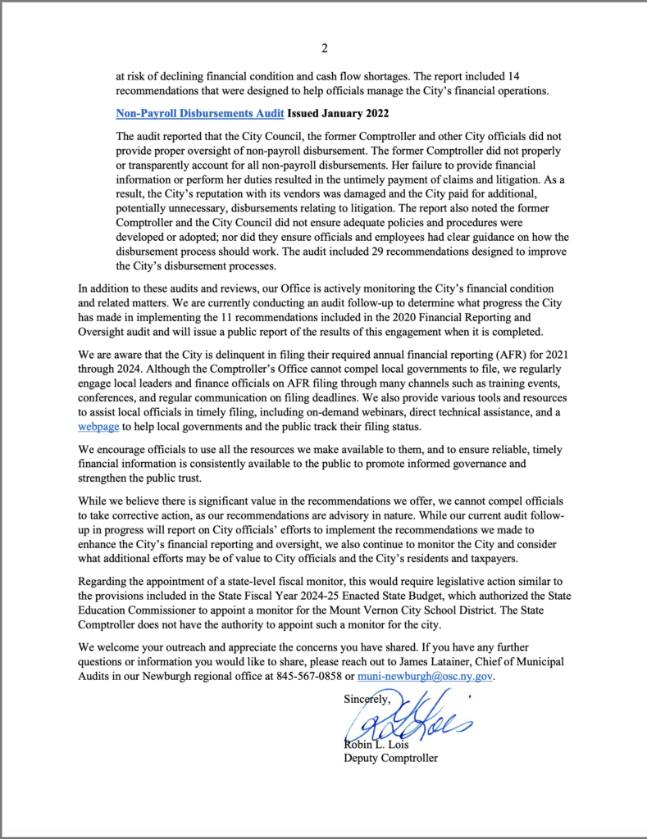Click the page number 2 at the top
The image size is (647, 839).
point(324,48)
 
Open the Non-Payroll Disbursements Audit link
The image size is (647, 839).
point(199,113)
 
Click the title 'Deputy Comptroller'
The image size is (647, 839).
point(390,758)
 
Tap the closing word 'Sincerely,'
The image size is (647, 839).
point(367,699)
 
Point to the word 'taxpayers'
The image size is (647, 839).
point(490,558)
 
